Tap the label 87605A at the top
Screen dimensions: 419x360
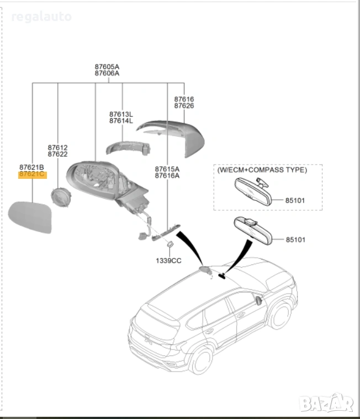tap(107, 67)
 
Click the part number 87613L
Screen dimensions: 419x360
tap(121, 114)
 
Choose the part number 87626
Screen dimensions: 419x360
tap(184, 105)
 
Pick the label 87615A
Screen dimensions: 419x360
tap(167, 169)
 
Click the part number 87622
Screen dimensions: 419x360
tap(57, 154)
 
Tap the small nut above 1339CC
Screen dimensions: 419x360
tap(171, 245)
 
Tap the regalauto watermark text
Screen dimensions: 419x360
tap(41, 17)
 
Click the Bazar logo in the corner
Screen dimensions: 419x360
tap(326, 403)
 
